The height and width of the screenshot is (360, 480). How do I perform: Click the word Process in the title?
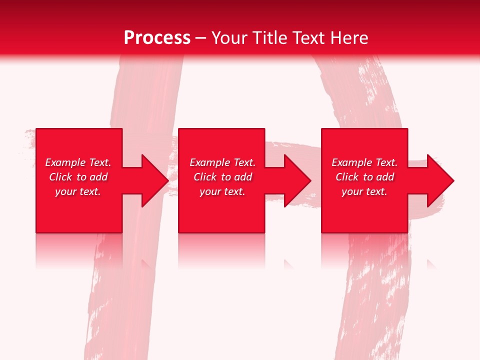point(157,38)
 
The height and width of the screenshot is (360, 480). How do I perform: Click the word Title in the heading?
point(270,38)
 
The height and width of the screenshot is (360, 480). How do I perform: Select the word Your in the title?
point(230,38)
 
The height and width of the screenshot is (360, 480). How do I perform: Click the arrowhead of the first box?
point(154,180)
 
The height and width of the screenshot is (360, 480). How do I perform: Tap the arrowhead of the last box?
point(440,180)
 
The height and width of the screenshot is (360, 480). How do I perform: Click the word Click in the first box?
point(60,177)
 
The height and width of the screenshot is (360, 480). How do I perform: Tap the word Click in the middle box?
point(205,177)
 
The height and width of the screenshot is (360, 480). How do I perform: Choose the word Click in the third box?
point(347,177)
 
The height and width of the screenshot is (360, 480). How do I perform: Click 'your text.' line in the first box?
point(78,191)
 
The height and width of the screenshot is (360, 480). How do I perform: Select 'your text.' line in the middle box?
point(222,191)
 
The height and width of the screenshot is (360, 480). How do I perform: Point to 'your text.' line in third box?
point(364,191)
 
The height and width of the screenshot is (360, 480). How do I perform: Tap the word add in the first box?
point(98,177)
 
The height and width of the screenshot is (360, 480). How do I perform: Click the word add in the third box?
point(385,177)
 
